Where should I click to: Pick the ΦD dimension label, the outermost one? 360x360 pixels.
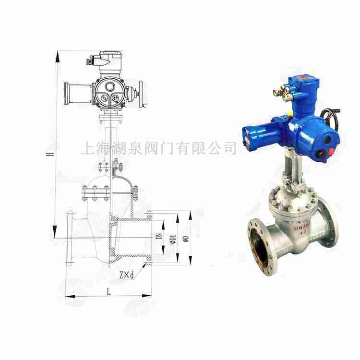[188, 237]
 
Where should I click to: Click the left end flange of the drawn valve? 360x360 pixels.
[70, 238]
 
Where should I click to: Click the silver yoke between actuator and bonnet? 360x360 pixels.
[291, 173]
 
